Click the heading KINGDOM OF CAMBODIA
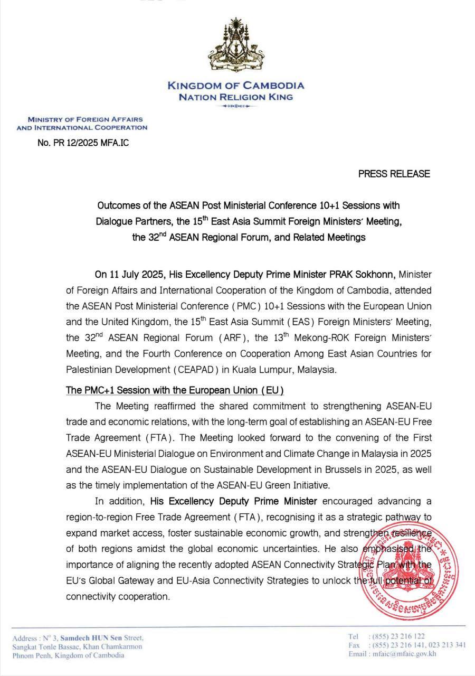tap(235, 86)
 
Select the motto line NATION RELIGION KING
tap(235, 97)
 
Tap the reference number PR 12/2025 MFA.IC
tap(83, 143)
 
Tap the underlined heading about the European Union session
tap(175, 390)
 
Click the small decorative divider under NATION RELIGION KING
tap(235, 107)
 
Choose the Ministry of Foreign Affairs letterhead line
tap(85, 120)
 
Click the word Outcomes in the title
tap(116, 204)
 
